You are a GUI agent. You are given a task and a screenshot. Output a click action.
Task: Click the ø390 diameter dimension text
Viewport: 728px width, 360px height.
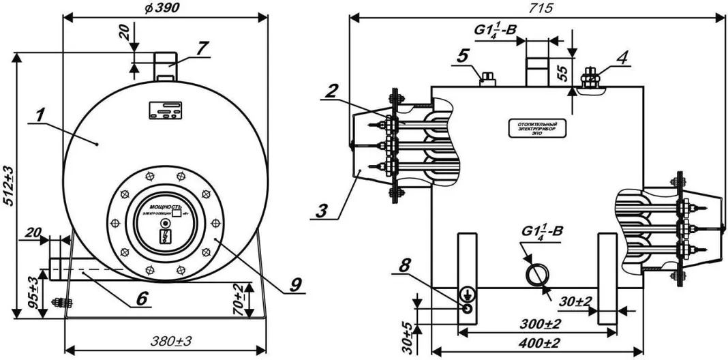click(164, 9)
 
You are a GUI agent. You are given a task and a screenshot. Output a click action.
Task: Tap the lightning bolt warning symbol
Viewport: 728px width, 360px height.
click(164, 237)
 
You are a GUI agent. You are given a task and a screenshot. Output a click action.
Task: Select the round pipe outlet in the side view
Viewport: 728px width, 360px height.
click(536, 273)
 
